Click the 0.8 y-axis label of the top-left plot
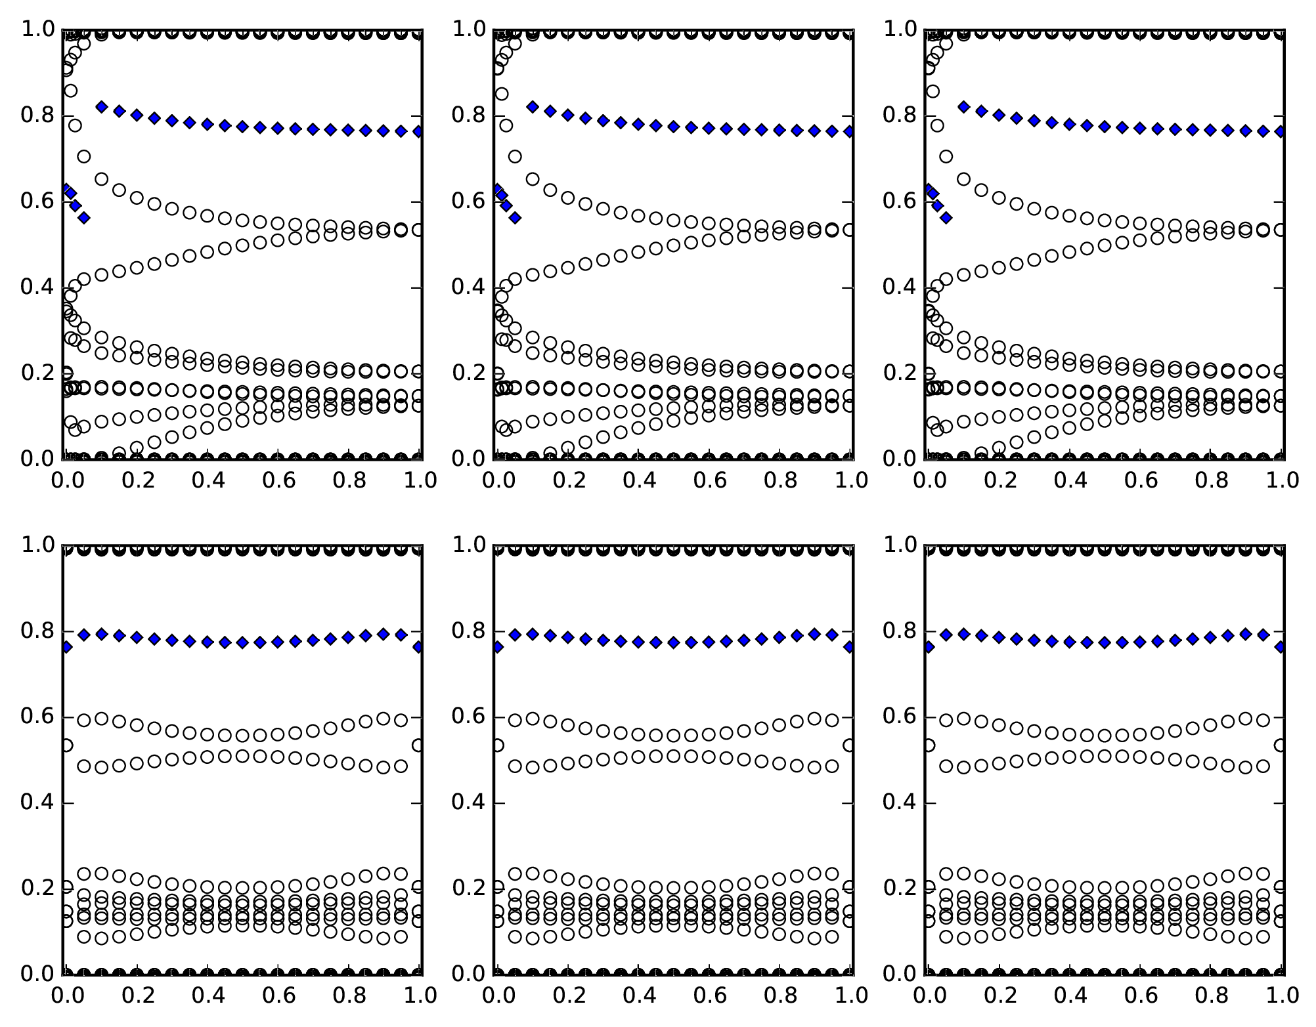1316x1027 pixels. click(x=37, y=115)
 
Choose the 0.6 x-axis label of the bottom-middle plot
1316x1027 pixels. click(x=709, y=996)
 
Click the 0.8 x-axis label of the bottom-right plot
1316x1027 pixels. click(x=1210, y=996)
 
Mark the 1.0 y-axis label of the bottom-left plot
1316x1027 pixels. click(x=37, y=545)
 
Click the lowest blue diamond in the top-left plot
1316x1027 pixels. click(x=83, y=218)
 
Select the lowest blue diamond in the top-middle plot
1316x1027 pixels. click(x=515, y=218)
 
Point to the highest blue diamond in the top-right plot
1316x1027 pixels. click(x=964, y=106)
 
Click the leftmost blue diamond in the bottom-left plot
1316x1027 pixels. click(x=66, y=647)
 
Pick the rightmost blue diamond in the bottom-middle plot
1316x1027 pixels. click(x=849, y=647)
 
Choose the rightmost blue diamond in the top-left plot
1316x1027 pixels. click(x=418, y=131)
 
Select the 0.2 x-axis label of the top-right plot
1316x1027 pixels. click(x=999, y=481)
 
